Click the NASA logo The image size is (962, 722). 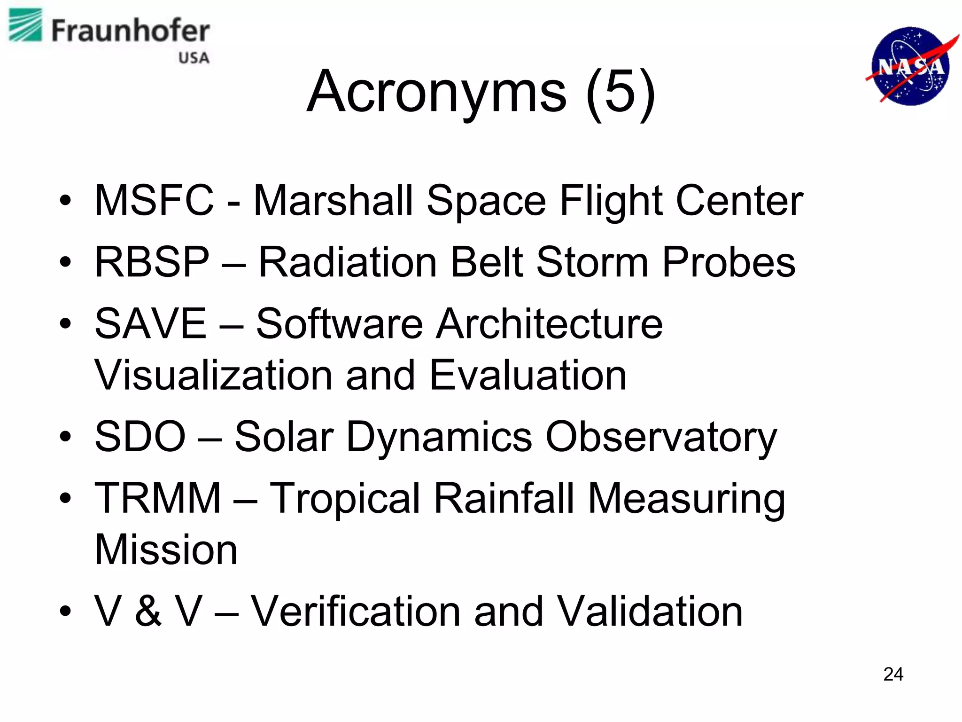pyautogui.click(x=911, y=66)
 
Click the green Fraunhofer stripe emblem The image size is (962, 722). pyautogui.click(x=25, y=25)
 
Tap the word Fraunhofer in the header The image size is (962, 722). pyautogui.click(x=130, y=31)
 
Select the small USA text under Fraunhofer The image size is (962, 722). pyautogui.click(x=194, y=58)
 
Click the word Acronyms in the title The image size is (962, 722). pyautogui.click(x=436, y=91)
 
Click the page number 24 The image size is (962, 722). pyautogui.click(x=893, y=674)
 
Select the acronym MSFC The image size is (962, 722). pyautogui.click(x=154, y=201)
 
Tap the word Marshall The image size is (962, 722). pyautogui.click(x=333, y=201)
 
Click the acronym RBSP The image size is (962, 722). pyautogui.click(x=152, y=262)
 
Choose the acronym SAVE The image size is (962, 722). pyautogui.click(x=150, y=323)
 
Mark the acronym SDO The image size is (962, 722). pyautogui.click(x=140, y=437)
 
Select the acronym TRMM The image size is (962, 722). pyautogui.click(x=157, y=498)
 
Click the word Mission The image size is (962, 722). pyautogui.click(x=166, y=549)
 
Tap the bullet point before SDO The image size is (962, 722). pyautogui.click(x=65, y=437)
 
